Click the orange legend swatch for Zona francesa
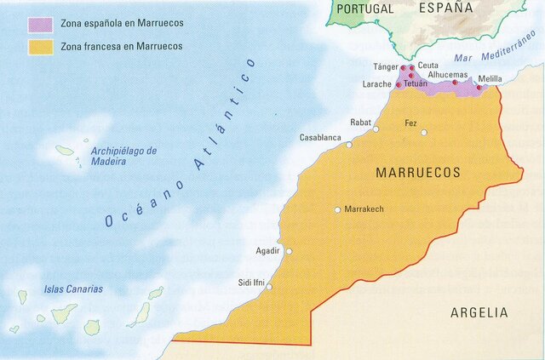[40, 45]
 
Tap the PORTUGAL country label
[365, 9]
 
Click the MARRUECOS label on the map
[418, 172]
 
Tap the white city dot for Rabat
[376, 129]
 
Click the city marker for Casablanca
[348, 145]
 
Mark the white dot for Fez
[423, 132]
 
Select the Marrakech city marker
[337, 209]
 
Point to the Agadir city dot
[289, 251]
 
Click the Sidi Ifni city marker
[270, 287]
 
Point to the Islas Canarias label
[73, 289]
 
